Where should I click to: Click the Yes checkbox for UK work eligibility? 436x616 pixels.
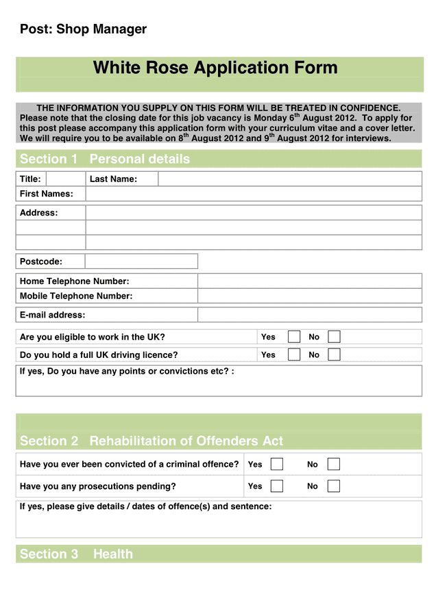point(294,337)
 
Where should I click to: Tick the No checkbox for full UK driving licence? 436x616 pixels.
point(334,355)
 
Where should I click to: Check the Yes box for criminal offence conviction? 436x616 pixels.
point(277,464)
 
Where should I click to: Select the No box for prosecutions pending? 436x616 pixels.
point(334,486)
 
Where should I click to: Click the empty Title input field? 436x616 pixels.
point(65,179)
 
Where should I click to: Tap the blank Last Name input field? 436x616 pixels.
point(289,179)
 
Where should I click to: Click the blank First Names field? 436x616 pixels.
point(253,194)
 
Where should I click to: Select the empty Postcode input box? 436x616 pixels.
point(141,261)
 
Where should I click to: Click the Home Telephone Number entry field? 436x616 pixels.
point(309,281)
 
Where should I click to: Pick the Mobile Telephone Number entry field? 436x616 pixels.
point(309,296)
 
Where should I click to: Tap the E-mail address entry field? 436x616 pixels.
point(309,315)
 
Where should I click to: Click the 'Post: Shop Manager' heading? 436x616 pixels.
point(83,29)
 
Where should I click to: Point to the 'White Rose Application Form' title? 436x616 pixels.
point(215,68)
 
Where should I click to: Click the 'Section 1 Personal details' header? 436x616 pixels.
point(105,159)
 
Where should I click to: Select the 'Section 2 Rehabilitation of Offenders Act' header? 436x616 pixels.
point(152,441)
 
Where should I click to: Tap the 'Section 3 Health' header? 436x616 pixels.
point(76,554)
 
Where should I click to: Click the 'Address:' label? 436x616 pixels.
point(39,213)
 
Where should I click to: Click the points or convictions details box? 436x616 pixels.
point(219,385)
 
